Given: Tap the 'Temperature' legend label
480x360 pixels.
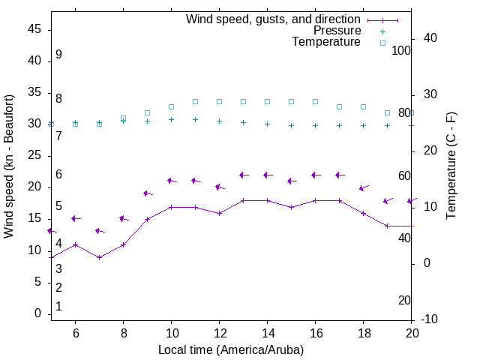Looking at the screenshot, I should click(x=326, y=42).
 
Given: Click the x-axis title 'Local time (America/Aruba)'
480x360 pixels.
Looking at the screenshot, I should click(x=231, y=349).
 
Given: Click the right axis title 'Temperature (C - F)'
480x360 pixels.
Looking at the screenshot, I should click(x=451, y=166).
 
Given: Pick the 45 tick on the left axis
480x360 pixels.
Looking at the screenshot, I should click(x=34, y=30).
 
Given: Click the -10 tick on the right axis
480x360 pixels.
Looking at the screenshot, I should click(x=430, y=319).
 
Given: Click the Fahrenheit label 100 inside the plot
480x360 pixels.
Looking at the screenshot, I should click(x=401, y=50).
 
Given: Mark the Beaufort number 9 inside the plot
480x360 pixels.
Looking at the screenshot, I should click(x=58, y=55).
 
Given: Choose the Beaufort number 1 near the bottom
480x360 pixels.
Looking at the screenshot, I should click(x=58, y=307).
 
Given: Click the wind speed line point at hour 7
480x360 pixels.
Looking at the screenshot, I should click(x=99, y=257).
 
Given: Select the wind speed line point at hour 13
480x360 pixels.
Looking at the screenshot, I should click(x=243, y=200).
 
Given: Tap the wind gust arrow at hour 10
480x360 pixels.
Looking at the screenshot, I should click(x=171, y=181).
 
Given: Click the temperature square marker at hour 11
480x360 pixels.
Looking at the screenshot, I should click(x=195, y=101).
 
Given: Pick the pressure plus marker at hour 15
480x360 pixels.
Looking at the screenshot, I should click(x=291, y=125).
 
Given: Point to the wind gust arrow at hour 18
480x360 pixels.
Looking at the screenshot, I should click(x=363, y=188).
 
